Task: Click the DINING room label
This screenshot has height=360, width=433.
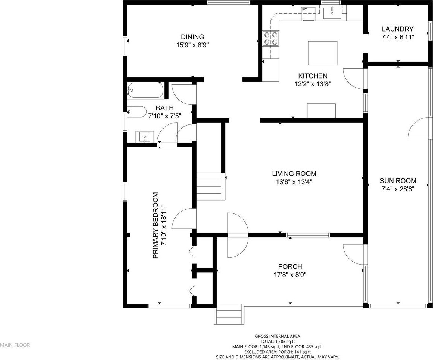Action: pos(192,37)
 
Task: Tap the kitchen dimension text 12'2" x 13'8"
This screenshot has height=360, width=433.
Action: pos(313,84)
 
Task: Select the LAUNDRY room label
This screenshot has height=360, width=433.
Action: pos(398,29)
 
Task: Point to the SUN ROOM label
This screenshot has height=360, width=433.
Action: pos(398,181)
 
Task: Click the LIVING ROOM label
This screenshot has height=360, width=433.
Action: pos(294,174)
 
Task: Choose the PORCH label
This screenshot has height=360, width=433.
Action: pos(290,266)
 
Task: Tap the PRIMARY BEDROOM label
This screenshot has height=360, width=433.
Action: pos(156,225)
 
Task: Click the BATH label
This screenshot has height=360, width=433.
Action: pos(165,108)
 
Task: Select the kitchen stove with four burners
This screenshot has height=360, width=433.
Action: pos(271,38)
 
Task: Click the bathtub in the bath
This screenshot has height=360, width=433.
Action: pos(145,90)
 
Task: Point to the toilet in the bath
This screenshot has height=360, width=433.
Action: pos(137,112)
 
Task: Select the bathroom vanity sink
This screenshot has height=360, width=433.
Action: pos(144,137)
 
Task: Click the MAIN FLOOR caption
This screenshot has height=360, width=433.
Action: pos(15,345)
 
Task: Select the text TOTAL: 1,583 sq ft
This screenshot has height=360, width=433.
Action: pos(277,342)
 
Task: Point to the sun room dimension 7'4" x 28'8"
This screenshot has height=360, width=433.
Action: pos(398,189)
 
